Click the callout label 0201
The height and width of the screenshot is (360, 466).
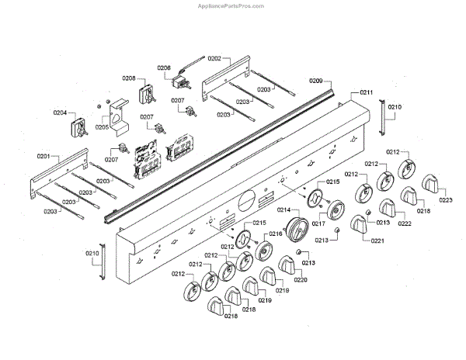click(x=42, y=157)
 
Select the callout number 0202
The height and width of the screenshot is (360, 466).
click(x=214, y=58)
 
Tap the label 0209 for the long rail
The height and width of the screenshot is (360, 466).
click(x=315, y=81)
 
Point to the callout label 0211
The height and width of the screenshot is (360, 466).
click(x=366, y=93)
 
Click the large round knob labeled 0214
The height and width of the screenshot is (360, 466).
click(x=297, y=230)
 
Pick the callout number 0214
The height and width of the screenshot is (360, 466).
click(x=283, y=210)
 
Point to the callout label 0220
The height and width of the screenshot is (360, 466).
click(x=300, y=280)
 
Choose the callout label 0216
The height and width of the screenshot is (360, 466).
click(x=276, y=234)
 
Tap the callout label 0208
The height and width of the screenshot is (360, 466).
click(x=129, y=78)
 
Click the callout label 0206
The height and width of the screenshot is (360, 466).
click(x=164, y=68)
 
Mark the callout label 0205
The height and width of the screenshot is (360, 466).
click(x=102, y=127)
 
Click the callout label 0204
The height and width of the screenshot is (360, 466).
click(x=60, y=112)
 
